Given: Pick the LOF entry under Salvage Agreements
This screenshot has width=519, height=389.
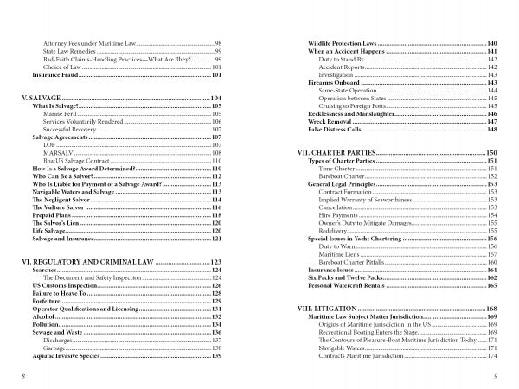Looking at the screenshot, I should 49,145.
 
